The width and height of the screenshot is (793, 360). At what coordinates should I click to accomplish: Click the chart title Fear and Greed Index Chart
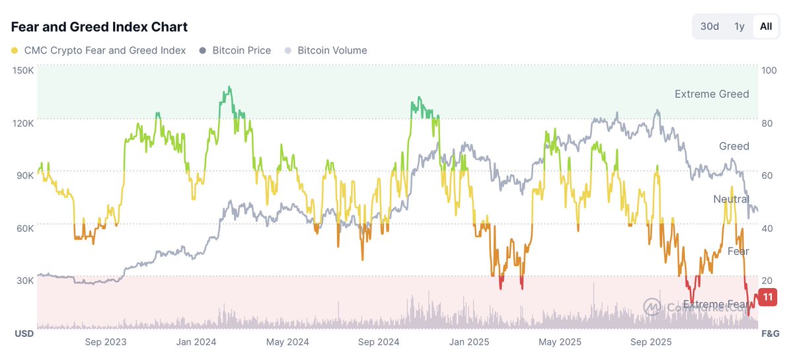coord(99,27)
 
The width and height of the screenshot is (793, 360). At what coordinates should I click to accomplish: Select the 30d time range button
coord(709,26)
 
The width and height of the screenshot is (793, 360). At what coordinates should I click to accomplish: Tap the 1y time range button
coord(739,26)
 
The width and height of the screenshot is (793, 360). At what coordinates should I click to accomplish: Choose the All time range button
coord(765,26)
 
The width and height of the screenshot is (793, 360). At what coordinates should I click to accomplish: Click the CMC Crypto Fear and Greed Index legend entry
coord(98,50)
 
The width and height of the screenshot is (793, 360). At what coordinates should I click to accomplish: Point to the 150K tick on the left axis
coord(22,70)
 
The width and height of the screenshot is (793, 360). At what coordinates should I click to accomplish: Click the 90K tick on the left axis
coord(24,176)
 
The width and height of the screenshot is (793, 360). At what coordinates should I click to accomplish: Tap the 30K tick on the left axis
coord(24,280)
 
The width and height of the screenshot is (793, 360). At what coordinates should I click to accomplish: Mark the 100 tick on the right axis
coord(769,71)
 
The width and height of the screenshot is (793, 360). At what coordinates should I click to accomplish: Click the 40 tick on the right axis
coord(767,229)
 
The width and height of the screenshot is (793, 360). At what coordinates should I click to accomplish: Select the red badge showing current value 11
coord(767,297)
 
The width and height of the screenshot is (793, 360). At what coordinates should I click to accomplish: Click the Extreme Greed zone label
coord(711,94)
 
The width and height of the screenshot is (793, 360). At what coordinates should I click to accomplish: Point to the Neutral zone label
coord(731,199)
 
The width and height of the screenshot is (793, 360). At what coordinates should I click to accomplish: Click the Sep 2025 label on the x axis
coord(650,342)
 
